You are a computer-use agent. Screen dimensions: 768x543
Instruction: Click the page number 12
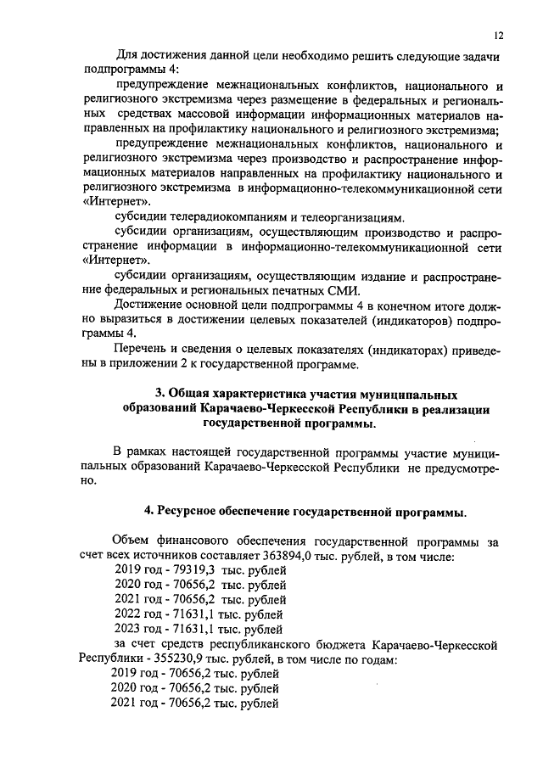[498, 35]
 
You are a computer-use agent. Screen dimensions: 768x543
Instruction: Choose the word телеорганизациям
[348, 216]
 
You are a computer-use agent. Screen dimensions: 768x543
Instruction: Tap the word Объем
[131, 541]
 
